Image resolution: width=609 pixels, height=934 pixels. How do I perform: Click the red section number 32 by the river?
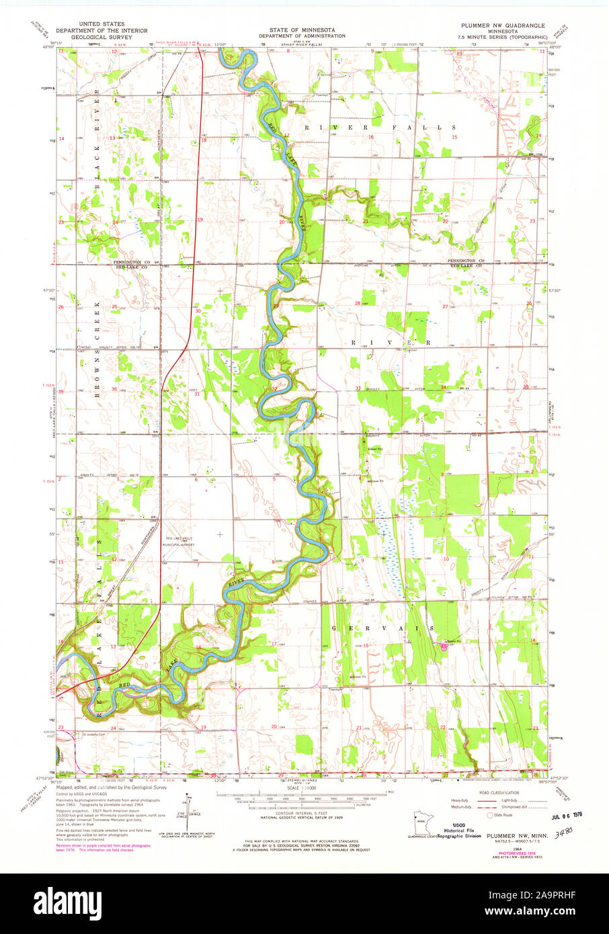(x=274, y=388)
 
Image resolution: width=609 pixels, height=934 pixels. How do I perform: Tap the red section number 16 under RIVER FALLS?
(x=370, y=137)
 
